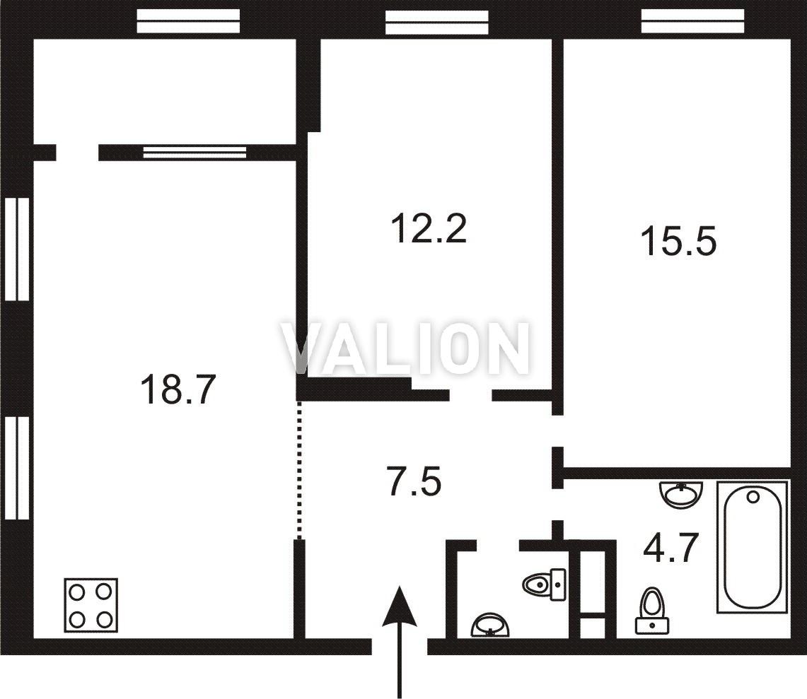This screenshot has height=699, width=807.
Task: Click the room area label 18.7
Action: [x=177, y=389]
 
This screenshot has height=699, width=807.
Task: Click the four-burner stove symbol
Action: [x=91, y=606]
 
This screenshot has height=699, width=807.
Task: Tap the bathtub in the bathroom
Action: [x=753, y=547]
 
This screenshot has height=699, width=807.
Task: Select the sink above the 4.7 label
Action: [x=681, y=494]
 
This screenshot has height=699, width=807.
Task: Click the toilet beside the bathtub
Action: [x=652, y=611]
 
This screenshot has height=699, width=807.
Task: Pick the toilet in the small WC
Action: [x=545, y=585]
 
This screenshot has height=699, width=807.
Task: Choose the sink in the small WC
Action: [x=490, y=625]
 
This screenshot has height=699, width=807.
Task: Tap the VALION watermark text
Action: [x=405, y=348]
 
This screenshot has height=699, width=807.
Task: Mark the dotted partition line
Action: [x=300, y=469]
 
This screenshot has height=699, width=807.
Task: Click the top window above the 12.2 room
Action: [x=437, y=22]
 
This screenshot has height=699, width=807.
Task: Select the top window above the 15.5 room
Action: [x=692, y=21]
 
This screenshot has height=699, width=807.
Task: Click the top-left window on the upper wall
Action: [x=188, y=21]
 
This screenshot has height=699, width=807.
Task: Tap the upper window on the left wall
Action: [x=17, y=249]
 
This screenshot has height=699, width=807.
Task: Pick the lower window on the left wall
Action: [x=17, y=468]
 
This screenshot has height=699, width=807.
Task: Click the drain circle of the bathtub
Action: [x=753, y=497]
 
